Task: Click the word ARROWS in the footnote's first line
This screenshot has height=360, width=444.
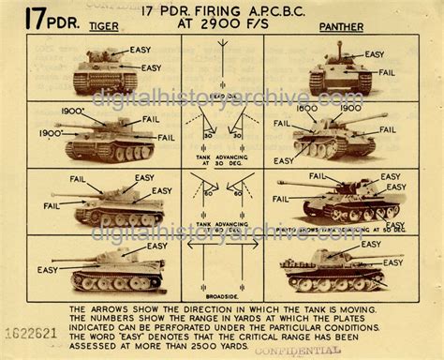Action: pyautogui.click(x=108, y=307)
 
